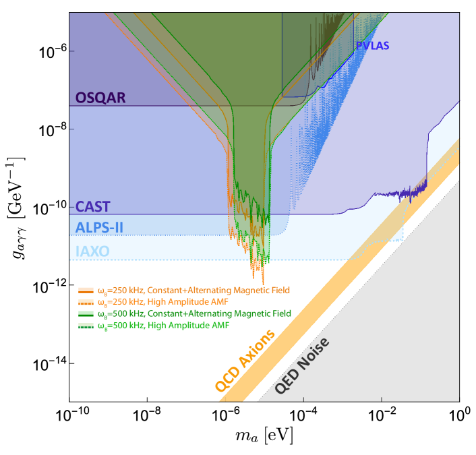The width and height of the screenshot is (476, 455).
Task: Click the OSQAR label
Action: point(100,98)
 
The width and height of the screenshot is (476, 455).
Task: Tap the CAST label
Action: point(92,206)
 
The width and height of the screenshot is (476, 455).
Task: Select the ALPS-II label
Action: point(99,226)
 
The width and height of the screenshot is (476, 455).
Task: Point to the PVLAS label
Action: point(372,46)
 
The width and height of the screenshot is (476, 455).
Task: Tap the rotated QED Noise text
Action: point(303,366)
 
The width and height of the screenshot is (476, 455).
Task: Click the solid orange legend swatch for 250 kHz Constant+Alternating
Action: point(85,291)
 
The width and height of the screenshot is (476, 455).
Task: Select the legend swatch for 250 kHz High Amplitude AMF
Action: point(85,302)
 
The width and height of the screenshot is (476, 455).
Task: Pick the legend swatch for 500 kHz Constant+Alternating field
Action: point(85,314)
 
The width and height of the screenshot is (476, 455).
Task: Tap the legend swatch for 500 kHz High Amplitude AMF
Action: point(85,326)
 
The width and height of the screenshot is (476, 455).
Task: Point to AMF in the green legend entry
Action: point(220,326)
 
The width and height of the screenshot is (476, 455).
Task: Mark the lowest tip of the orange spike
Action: point(263,283)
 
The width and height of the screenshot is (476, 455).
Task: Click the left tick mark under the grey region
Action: point(303,399)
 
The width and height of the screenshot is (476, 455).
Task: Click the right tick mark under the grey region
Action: point(382,399)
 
